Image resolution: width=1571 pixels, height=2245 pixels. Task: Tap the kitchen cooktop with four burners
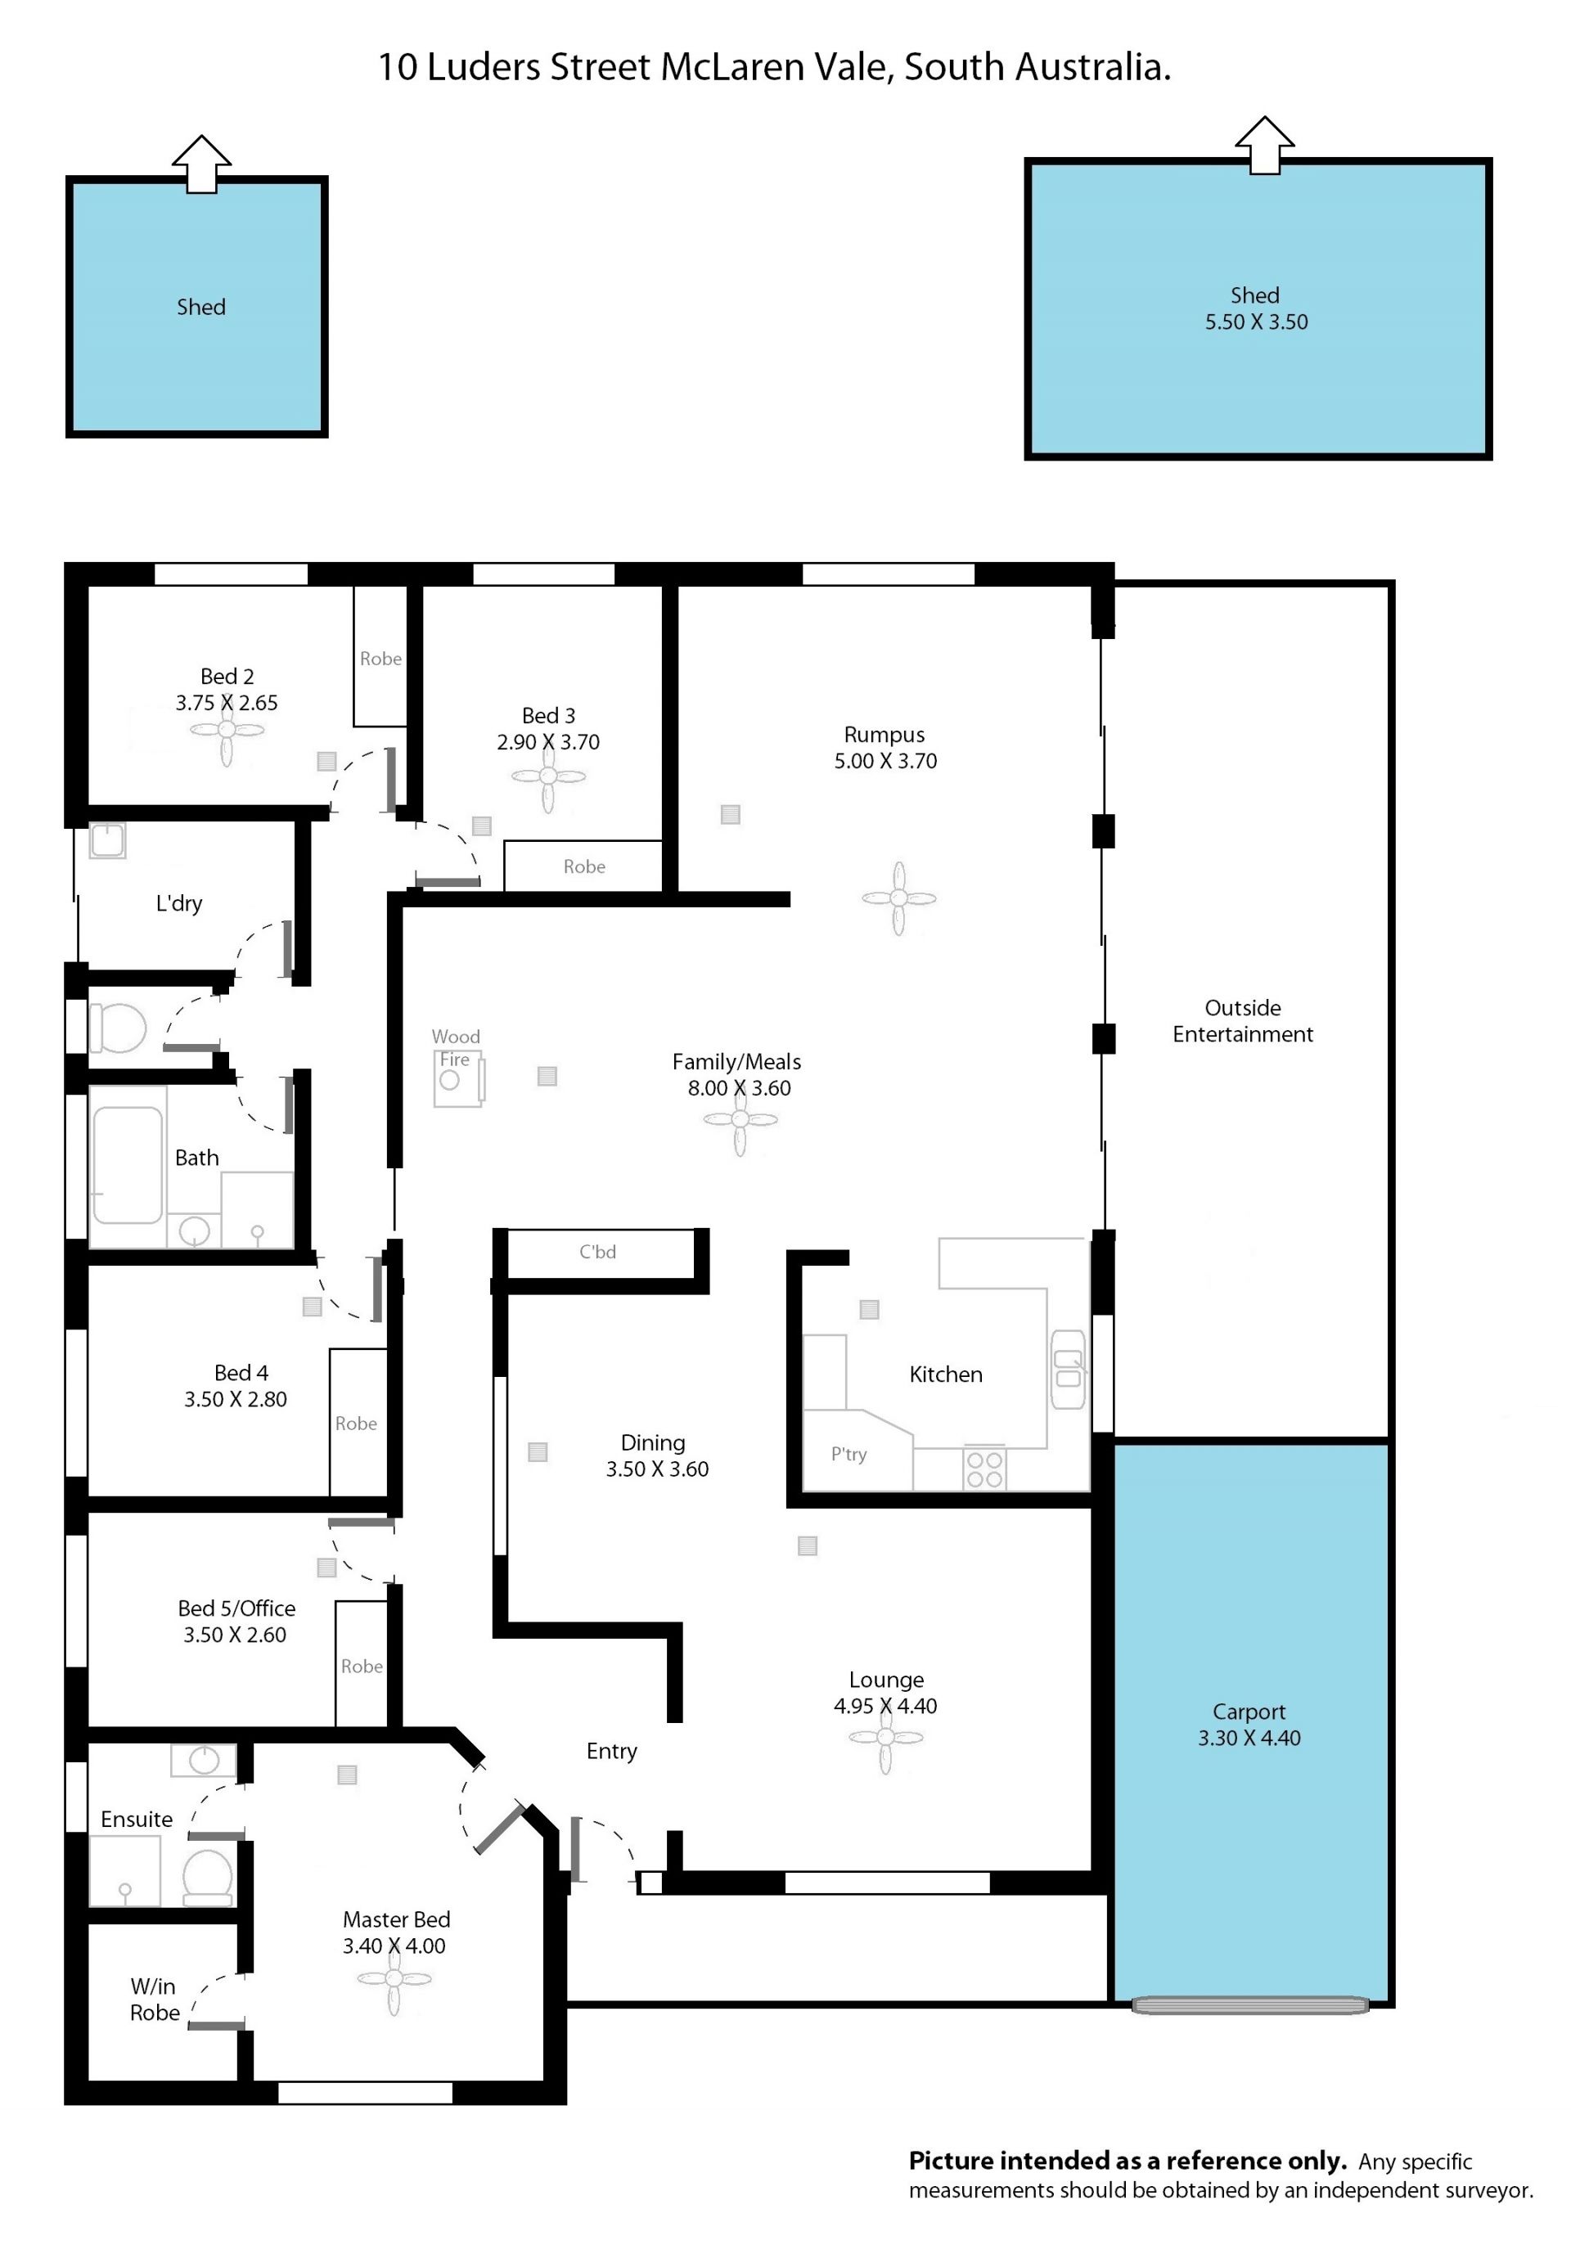984,1469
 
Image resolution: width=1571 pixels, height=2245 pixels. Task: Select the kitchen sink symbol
1068,1369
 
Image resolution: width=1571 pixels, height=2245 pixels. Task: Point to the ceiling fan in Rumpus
898,898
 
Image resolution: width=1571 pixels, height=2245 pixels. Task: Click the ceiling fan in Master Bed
394,1978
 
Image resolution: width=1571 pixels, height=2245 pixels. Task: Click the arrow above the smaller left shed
201,164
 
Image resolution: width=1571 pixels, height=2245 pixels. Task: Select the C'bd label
597,1252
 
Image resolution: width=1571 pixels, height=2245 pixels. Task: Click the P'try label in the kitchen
849,1454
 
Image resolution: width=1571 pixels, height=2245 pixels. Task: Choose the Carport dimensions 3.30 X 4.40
1249,1738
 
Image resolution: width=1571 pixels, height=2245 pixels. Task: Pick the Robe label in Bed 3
583,866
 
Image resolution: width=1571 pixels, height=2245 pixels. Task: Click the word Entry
611,1751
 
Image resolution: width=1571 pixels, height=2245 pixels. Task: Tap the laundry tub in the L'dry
107,841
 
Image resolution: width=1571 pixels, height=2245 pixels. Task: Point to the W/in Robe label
155,1999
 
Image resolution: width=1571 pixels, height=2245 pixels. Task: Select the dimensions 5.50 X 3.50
1256,322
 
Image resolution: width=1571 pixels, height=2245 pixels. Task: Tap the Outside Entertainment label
1243,1021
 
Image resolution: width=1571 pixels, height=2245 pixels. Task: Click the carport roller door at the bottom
1250,2005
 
